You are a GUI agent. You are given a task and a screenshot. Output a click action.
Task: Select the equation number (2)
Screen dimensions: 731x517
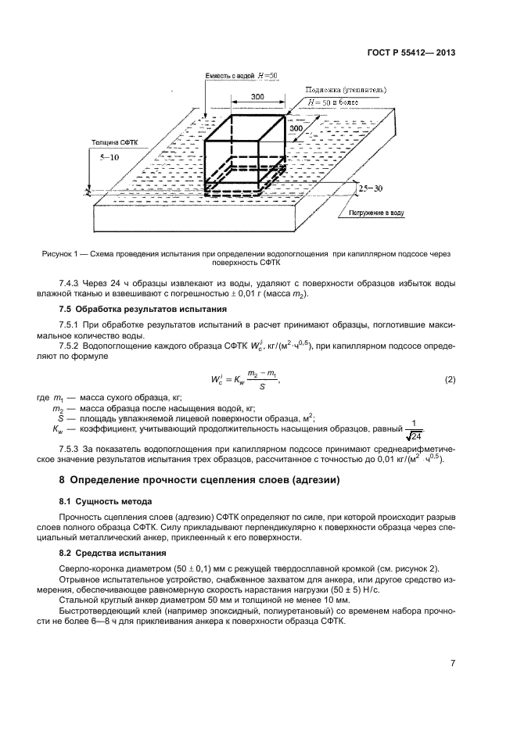(x=450, y=380)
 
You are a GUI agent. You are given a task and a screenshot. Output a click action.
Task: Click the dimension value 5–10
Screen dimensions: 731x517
(x=111, y=157)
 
